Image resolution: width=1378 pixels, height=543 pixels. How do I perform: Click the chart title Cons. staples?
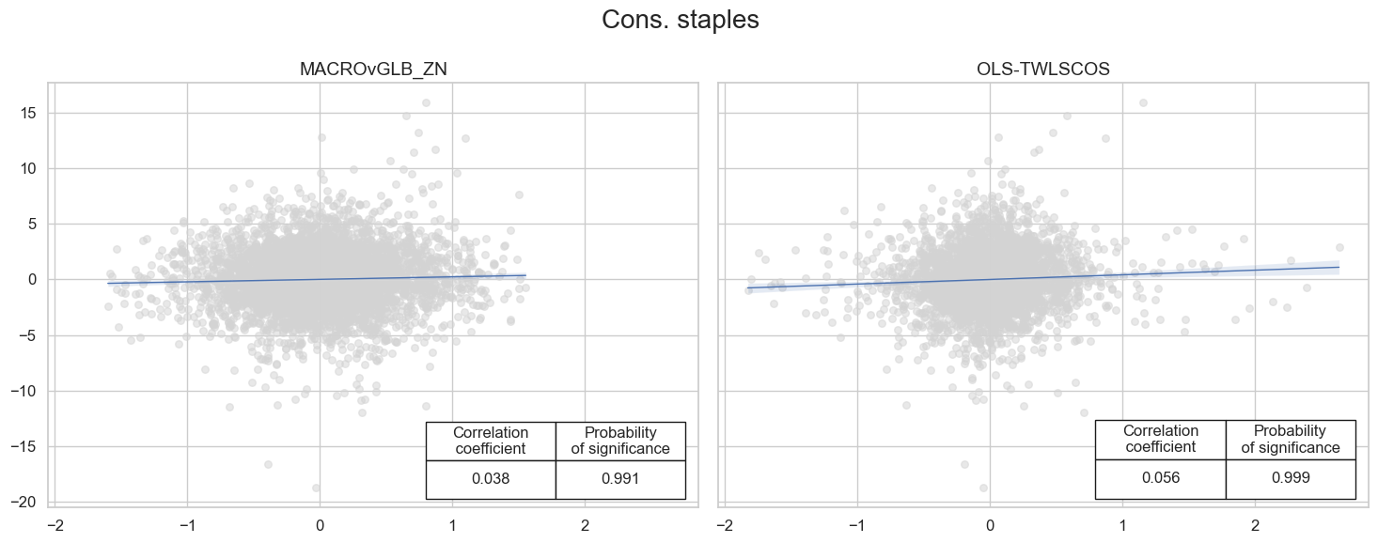pyautogui.click(x=680, y=21)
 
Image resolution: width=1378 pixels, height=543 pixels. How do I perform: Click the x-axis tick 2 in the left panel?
pyautogui.click(x=585, y=523)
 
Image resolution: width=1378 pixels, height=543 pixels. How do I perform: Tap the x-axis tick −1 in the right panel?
pyautogui.click(x=857, y=523)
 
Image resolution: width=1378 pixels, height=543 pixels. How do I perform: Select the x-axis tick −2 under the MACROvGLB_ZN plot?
pyautogui.click(x=55, y=523)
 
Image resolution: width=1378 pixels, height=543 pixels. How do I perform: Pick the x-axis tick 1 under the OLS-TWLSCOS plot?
pyautogui.click(x=1122, y=523)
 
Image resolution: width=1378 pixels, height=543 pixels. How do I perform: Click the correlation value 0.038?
pyautogui.click(x=491, y=479)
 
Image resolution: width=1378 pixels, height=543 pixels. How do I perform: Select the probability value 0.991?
pyautogui.click(x=620, y=479)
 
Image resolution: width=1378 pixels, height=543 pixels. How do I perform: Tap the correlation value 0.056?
pyautogui.click(x=1160, y=477)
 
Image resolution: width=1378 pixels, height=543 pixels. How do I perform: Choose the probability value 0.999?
pyautogui.click(x=1290, y=477)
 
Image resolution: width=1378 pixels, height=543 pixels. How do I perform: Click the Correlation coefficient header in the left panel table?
pyautogui.click(x=491, y=441)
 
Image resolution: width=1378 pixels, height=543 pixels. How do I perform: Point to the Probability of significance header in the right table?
pyautogui.click(x=1290, y=439)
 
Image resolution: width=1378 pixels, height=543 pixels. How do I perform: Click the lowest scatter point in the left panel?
pyautogui.click(x=316, y=488)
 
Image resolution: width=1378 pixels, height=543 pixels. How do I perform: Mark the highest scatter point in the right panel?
pyautogui.click(x=1143, y=102)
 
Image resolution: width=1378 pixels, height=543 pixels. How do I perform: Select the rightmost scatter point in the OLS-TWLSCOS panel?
pyautogui.click(x=1339, y=247)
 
